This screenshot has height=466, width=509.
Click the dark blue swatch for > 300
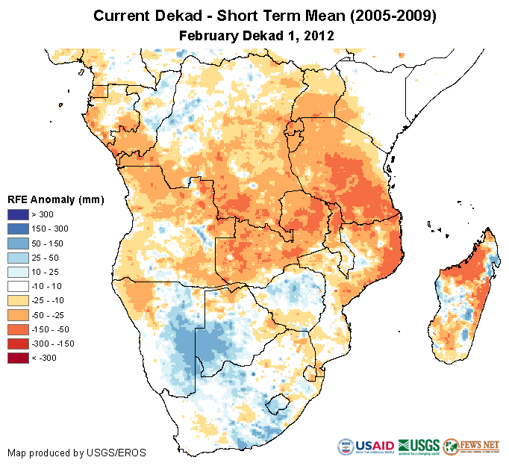(17, 214)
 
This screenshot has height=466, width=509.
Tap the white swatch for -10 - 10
(17, 286)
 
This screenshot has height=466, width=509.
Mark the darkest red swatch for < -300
(17, 358)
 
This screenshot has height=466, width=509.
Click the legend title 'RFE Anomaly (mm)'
(55, 199)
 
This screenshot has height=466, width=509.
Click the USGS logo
(420, 447)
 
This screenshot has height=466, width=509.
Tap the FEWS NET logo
(472, 447)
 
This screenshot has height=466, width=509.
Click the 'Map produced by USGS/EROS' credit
(77, 453)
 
